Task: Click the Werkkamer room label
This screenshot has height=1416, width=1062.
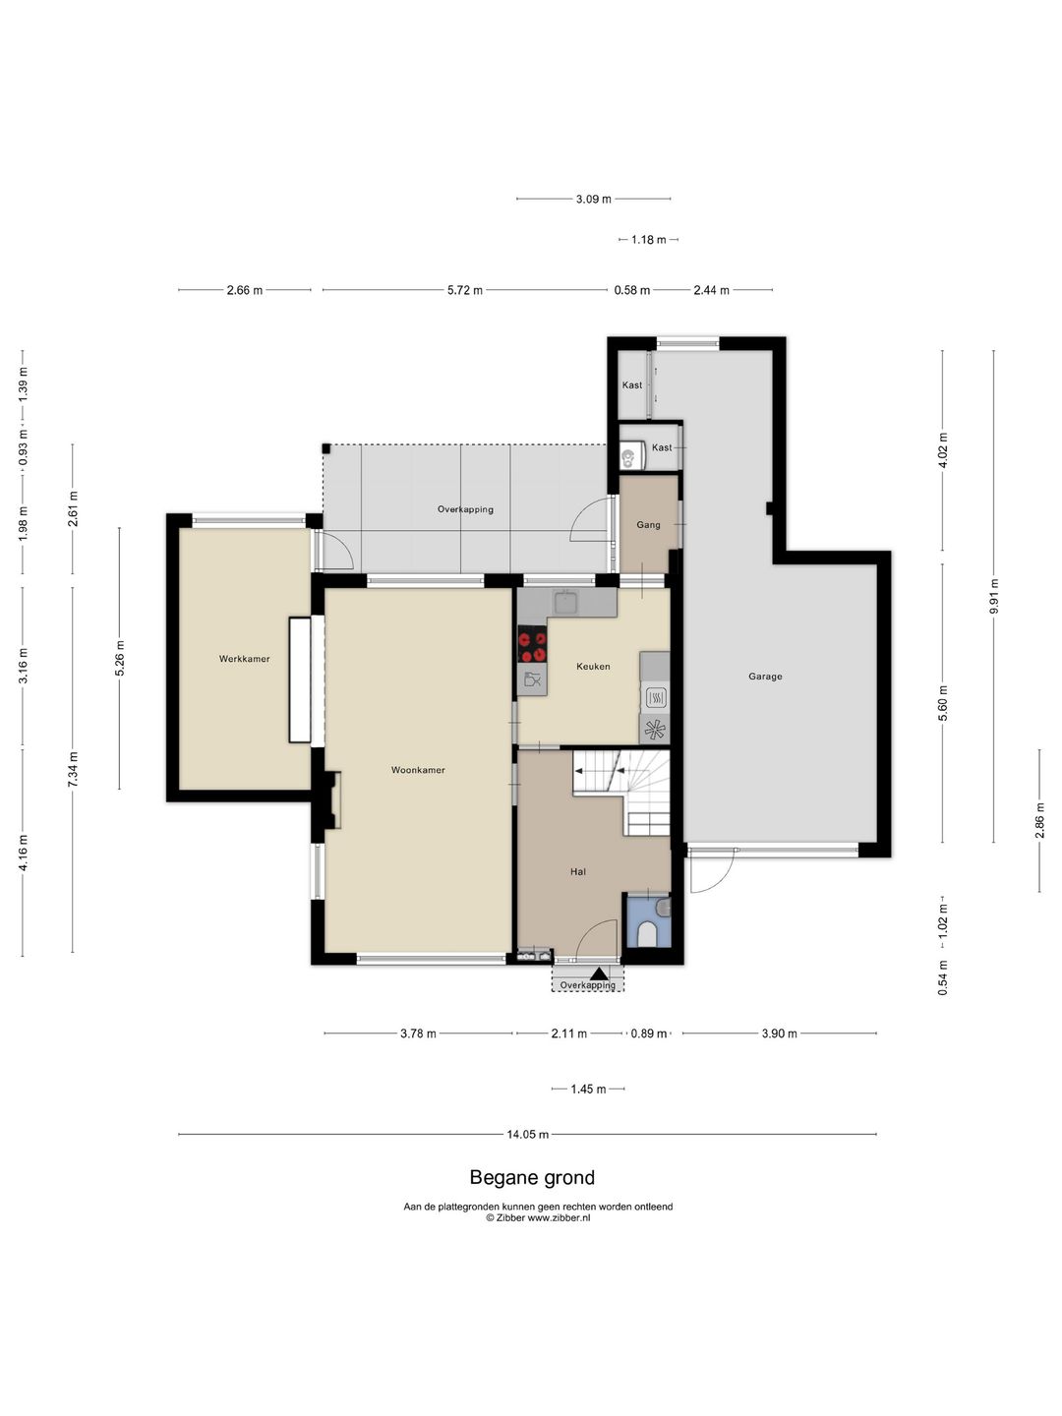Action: pyautogui.click(x=245, y=659)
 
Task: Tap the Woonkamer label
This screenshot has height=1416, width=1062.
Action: pyautogui.click(x=418, y=770)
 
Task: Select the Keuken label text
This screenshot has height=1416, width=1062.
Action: pyautogui.click(x=593, y=667)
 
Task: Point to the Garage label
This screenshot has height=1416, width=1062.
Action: pyautogui.click(x=765, y=677)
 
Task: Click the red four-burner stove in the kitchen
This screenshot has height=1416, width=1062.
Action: pyautogui.click(x=533, y=644)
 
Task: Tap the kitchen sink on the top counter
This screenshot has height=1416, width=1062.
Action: pyautogui.click(x=566, y=601)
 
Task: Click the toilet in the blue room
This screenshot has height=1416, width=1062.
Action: pyautogui.click(x=646, y=934)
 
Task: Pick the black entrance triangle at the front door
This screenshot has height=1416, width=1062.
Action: pyautogui.click(x=599, y=974)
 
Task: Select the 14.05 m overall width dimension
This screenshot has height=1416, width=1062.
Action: pyautogui.click(x=527, y=1134)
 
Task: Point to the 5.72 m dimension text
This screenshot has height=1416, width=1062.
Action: pyautogui.click(x=465, y=290)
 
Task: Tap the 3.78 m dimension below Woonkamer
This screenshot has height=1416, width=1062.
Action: pyautogui.click(x=418, y=1033)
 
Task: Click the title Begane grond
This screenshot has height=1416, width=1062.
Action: pyautogui.click(x=532, y=1177)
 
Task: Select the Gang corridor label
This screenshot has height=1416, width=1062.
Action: pyautogui.click(x=648, y=524)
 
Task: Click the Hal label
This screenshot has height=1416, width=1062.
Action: pyautogui.click(x=578, y=871)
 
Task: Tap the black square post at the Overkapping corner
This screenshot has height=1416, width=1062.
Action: pyautogui.click(x=326, y=448)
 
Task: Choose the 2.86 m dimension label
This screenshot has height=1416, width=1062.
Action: pyautogui.click(x=1038, y=820)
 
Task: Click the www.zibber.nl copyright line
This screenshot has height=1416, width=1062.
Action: pyautogui.click(x=538, y=1218)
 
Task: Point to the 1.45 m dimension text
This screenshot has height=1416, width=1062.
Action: pyautogui.click(x=588, y=1089)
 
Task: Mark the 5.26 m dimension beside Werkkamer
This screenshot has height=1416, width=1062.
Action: pyautogui.click(x=119, y=659)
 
